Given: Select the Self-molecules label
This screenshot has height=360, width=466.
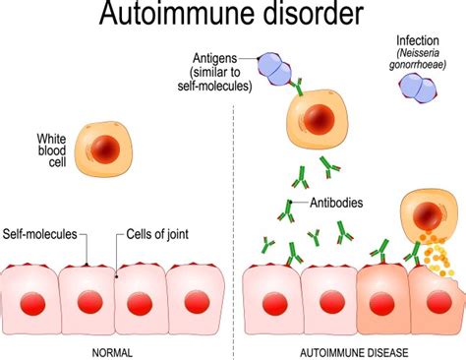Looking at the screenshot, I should pos(38,236).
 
